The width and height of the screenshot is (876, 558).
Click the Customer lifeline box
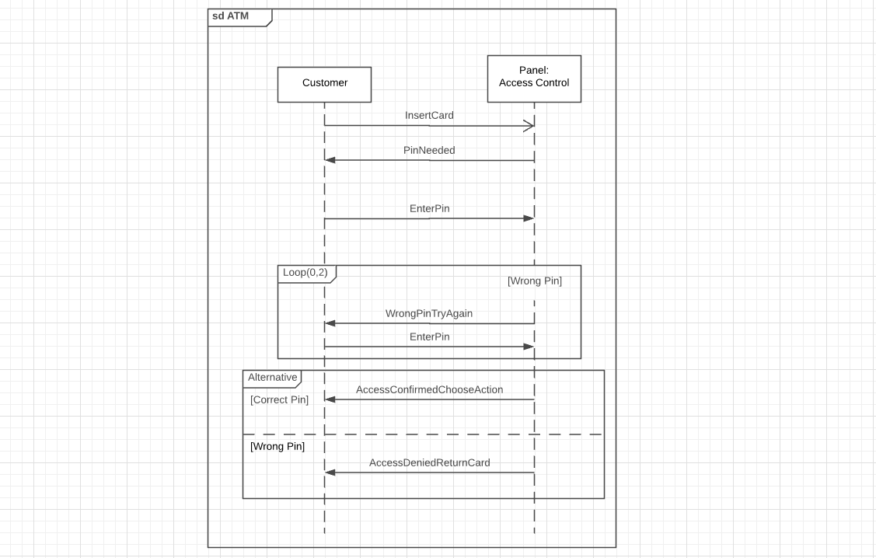[x=325, y=85]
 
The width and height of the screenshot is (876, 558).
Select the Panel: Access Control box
[x=534, y=78]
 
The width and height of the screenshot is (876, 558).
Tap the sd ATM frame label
[x=231, y=16]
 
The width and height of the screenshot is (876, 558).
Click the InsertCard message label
[x=429, y=116]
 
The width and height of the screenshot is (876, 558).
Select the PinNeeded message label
[x=429, y=150]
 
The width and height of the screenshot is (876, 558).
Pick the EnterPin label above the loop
[x=430, y=208]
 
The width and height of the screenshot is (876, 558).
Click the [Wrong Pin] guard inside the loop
[x=535, y=281]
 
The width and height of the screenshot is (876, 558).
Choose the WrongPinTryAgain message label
[x=429, y=313]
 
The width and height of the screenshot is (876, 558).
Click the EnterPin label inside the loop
[x=430, y=337]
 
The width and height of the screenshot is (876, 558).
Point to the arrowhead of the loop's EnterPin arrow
[x=529, y=347]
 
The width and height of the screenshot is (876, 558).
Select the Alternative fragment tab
[x=273, y=378]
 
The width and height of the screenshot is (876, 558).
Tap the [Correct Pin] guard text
[x=279, y=400]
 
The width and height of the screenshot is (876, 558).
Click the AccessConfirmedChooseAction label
[x=430, y=390]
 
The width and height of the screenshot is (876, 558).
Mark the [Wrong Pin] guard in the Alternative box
[x=277, y=446]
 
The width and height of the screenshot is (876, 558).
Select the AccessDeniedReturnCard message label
[x=430, y=462]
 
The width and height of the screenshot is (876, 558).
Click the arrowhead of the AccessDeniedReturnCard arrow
[x=330, y=473]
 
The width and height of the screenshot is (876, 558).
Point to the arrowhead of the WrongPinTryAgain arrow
[x=330, y=323]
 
